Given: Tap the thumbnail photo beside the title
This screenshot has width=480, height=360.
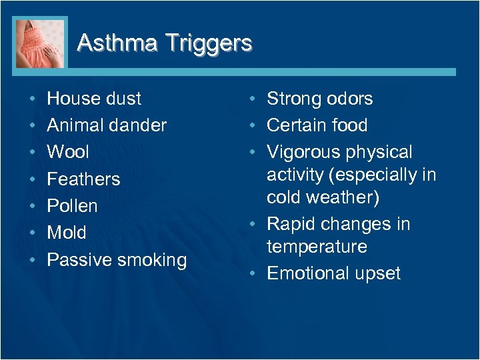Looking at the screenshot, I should [x=40, y=43].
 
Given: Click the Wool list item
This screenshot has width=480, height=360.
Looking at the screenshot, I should [x=67, y=152].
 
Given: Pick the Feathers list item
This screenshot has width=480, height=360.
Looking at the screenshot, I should [x=83, y=179].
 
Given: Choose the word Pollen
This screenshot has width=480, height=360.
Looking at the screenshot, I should [x=72, y=205].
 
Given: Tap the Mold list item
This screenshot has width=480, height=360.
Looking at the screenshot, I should [x=66, y=232].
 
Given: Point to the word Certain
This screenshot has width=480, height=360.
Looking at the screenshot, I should [x=297, y=125].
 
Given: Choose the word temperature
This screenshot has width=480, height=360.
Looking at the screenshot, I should [x=317, y=247].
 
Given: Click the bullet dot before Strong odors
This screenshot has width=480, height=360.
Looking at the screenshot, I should [x=256, y=99].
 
